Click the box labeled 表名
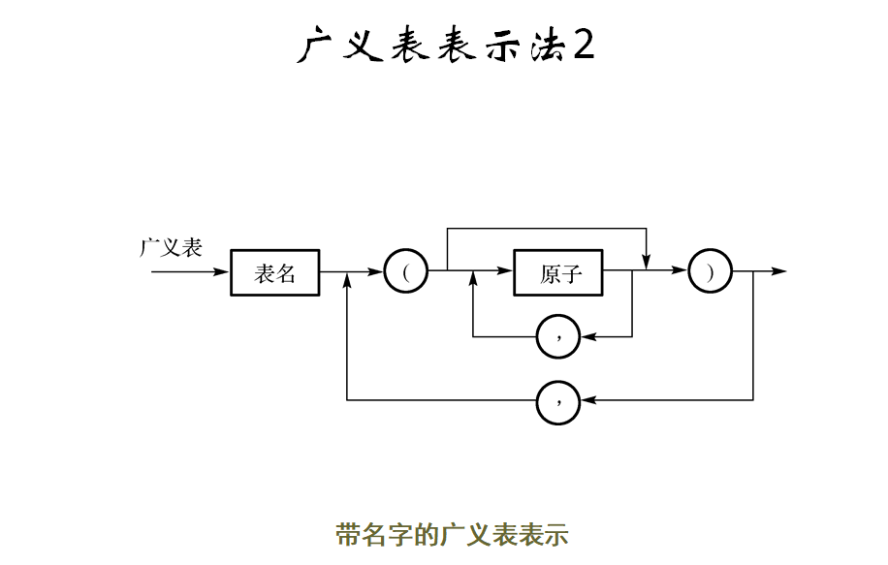(275, 273)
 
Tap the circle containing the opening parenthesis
(406, 272)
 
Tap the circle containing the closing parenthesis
(710, 272)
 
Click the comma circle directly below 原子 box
(558, 336)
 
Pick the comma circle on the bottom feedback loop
(558, 399)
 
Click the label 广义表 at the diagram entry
(171, 247)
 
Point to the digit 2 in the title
(584, 45)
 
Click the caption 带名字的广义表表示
(452, 534)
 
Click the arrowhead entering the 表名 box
(223, 272)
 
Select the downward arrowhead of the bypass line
(646, 263)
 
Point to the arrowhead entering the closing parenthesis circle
(681, 272)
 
